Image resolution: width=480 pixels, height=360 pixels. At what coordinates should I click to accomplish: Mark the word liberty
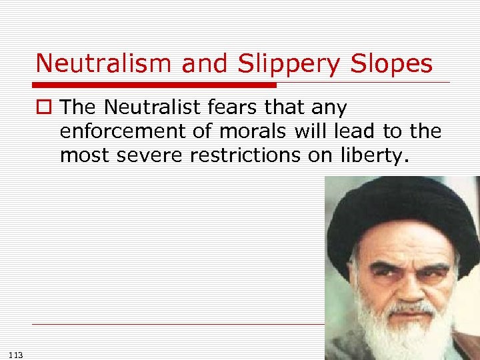pos(361,155)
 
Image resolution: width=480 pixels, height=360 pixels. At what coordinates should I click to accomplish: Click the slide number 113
pos(17,355)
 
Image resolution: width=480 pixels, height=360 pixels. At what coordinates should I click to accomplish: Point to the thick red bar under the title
pos(153,85)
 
